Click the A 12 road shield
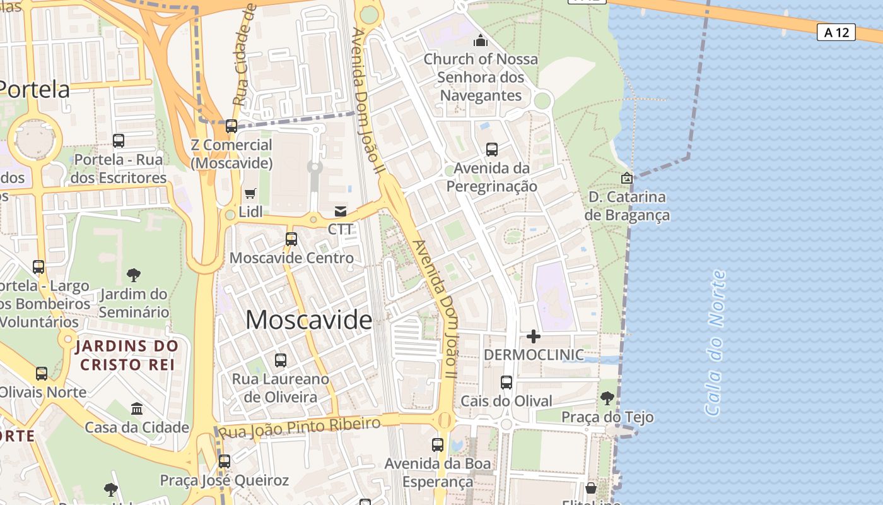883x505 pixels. tap(837, 32)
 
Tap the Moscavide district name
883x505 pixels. tap(308, 320)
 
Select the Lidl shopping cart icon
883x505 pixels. tap(250, 193)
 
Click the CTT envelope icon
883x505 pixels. tap(341, 211)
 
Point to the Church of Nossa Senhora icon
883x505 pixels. tap(481, 41)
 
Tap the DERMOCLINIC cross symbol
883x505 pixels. tap(534, 336)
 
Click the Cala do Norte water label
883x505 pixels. tap(715, 343)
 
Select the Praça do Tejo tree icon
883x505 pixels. tap(607, 398)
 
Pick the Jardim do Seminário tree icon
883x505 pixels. tap(133, 275)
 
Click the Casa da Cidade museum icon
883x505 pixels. tap(137, 408)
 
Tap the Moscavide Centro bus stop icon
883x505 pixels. tap(291, 239)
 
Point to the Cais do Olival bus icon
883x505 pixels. tap(506, 383)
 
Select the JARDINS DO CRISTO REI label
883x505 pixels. tap(127, 355)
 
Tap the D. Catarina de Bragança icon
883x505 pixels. tap(626, 178)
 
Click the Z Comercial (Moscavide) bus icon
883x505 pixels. tap(231, 126)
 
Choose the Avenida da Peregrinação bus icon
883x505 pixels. tap(492, 150)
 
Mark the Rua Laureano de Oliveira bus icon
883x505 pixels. tap(281, 360)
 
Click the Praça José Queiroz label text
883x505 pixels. tap(224, 480)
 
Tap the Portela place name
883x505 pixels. tap(35, 89)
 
